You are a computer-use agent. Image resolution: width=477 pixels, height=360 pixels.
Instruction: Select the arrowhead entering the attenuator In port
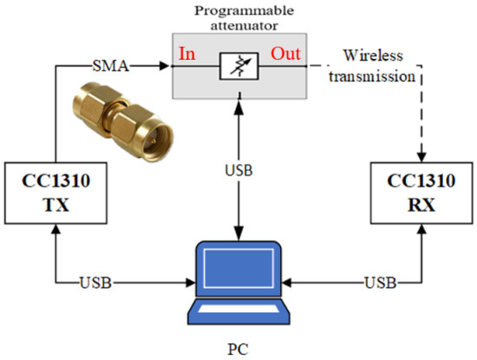[x=167, y=62]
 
